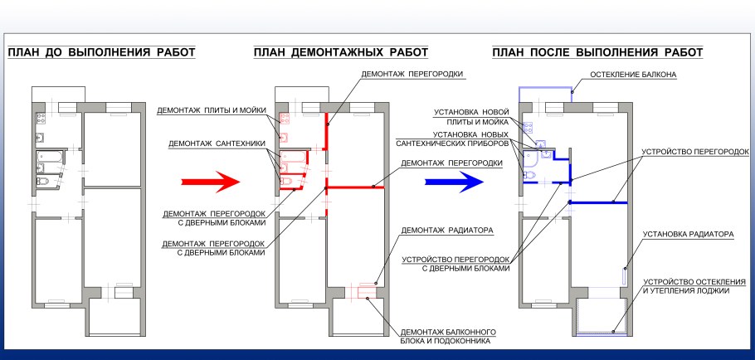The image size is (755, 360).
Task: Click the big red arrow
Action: pyautogui.click(x=204, y=181)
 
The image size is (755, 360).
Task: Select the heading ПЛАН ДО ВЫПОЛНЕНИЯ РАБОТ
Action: pyautogui.click(x=101, y=53)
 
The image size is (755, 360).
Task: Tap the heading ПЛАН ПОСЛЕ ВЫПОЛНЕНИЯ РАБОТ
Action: pyautogui.click(x=597, y=53)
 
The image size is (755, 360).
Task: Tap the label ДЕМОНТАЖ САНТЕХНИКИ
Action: pyautogui.click(x=217, y=143)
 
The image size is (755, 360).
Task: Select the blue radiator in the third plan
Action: pyautogui.click(x=625, y=275)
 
